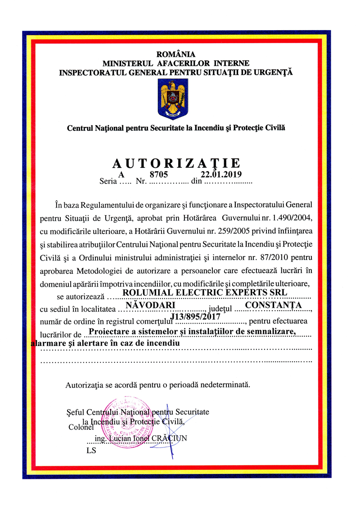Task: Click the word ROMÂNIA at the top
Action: pos(176,55)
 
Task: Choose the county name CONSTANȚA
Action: pos(270,305)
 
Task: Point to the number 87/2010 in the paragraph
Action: pos(273,257)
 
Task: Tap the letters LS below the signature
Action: pos(91,450)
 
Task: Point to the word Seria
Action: pos(108,182)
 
